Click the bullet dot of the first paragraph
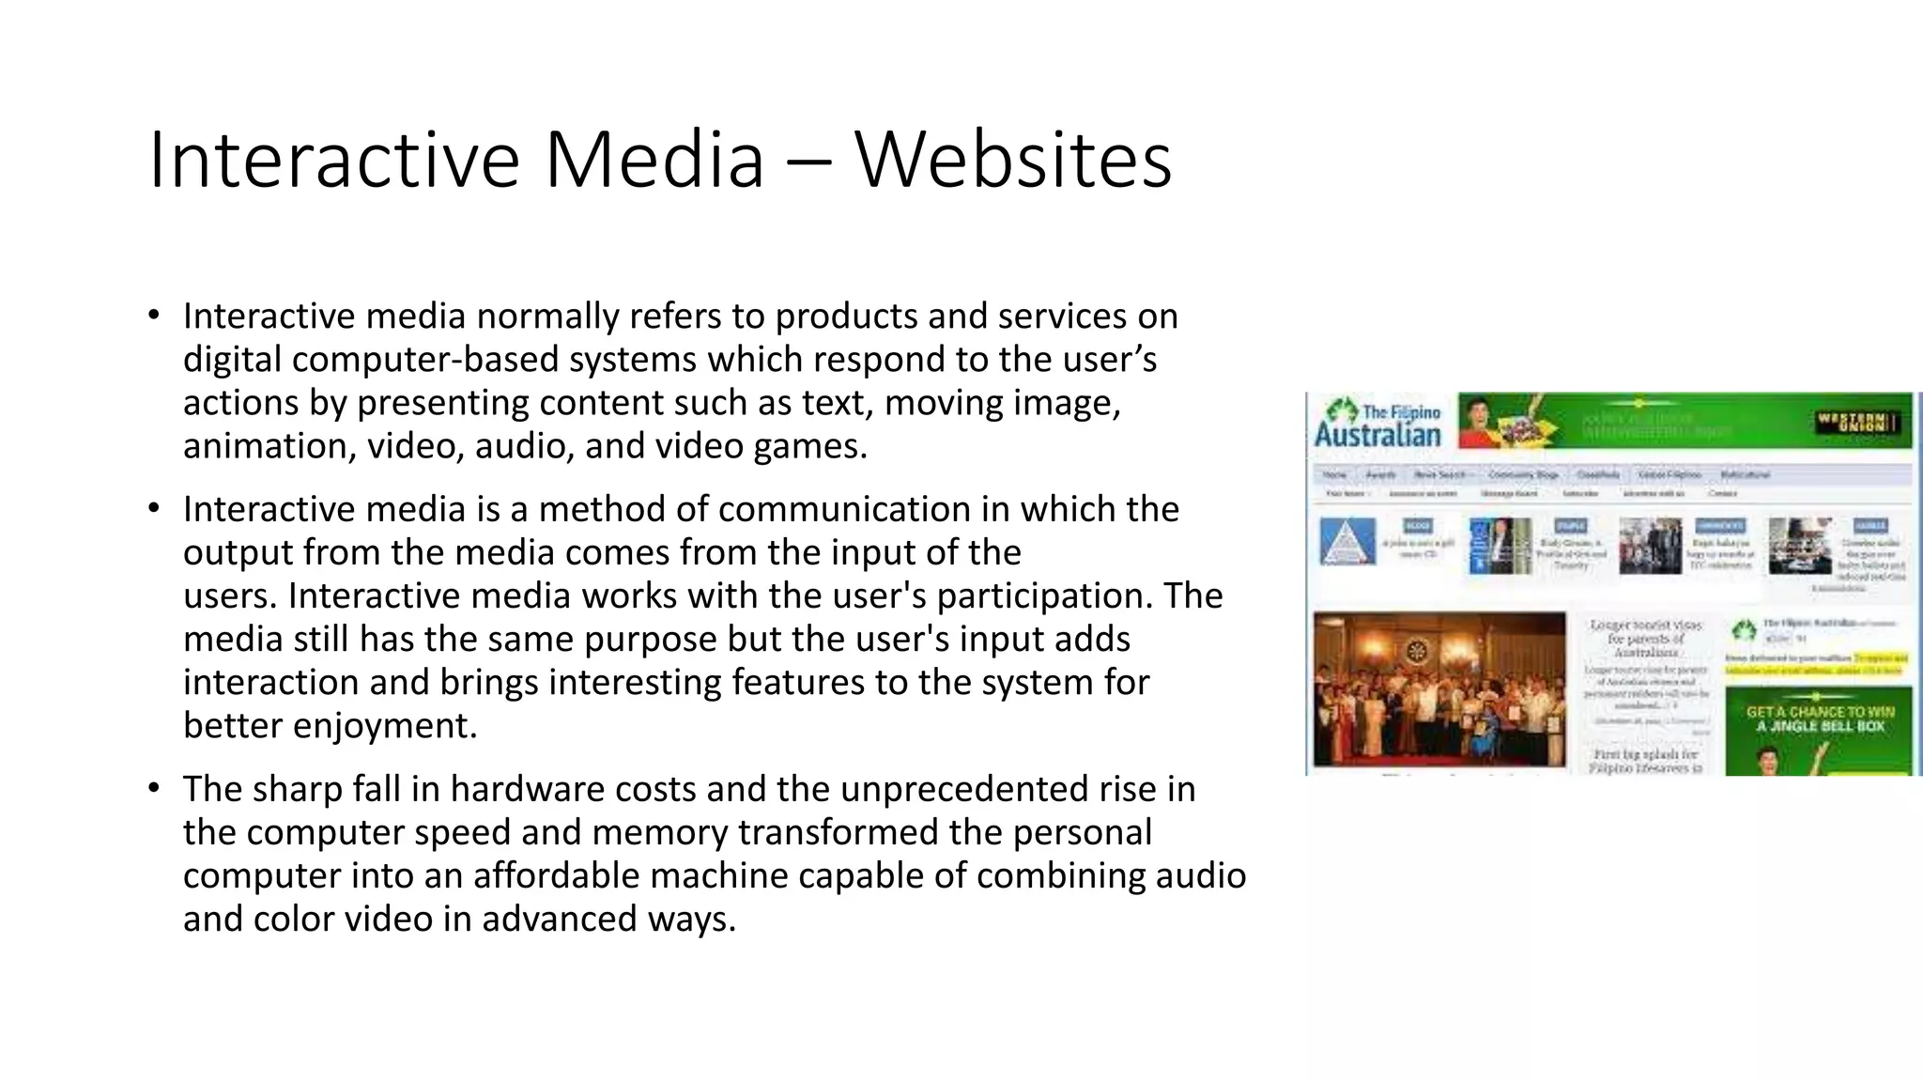(154, 316)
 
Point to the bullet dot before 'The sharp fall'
(154, 789)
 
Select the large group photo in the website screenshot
(1438, 689)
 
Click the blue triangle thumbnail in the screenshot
(1346, 542)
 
